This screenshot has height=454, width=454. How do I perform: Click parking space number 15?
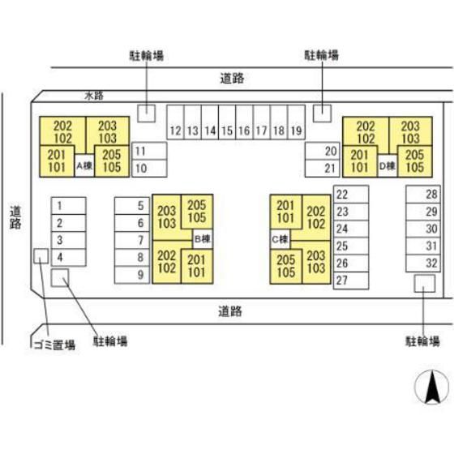[x=227, y=122]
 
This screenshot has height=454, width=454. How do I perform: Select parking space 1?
[x=69, y=206]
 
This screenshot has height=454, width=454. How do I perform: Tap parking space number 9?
[x=132, y=275]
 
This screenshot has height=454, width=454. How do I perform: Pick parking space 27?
[x=351, y=281]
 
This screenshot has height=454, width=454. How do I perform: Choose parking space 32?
[x=423, y=263]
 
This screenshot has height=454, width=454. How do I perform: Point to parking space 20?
[x=323, y=151]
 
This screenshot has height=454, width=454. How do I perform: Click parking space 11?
[x=149, y=151]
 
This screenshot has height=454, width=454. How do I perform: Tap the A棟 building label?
[x=84, y=166]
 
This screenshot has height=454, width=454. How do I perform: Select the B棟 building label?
[x=203, y=239]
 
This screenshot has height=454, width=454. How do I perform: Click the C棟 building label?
[x=280, y=239]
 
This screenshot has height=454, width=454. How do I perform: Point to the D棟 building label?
[x=388, y=166]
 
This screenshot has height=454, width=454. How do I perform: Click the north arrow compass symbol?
[x=431, y=387]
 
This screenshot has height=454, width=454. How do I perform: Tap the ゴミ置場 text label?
[x=55, y=345]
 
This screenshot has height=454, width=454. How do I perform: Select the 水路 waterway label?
[x=94, y=96]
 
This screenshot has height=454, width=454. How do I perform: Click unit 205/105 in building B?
[x=197, y=212]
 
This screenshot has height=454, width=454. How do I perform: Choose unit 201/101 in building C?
[x=285, y=212]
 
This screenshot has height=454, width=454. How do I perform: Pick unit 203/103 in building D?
[x=410, y=132]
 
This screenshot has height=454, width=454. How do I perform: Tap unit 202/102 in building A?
[x=62, y=132]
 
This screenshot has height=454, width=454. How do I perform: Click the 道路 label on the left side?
[x=15, y=217]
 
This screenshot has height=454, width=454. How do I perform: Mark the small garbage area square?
[x=41, y=256]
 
